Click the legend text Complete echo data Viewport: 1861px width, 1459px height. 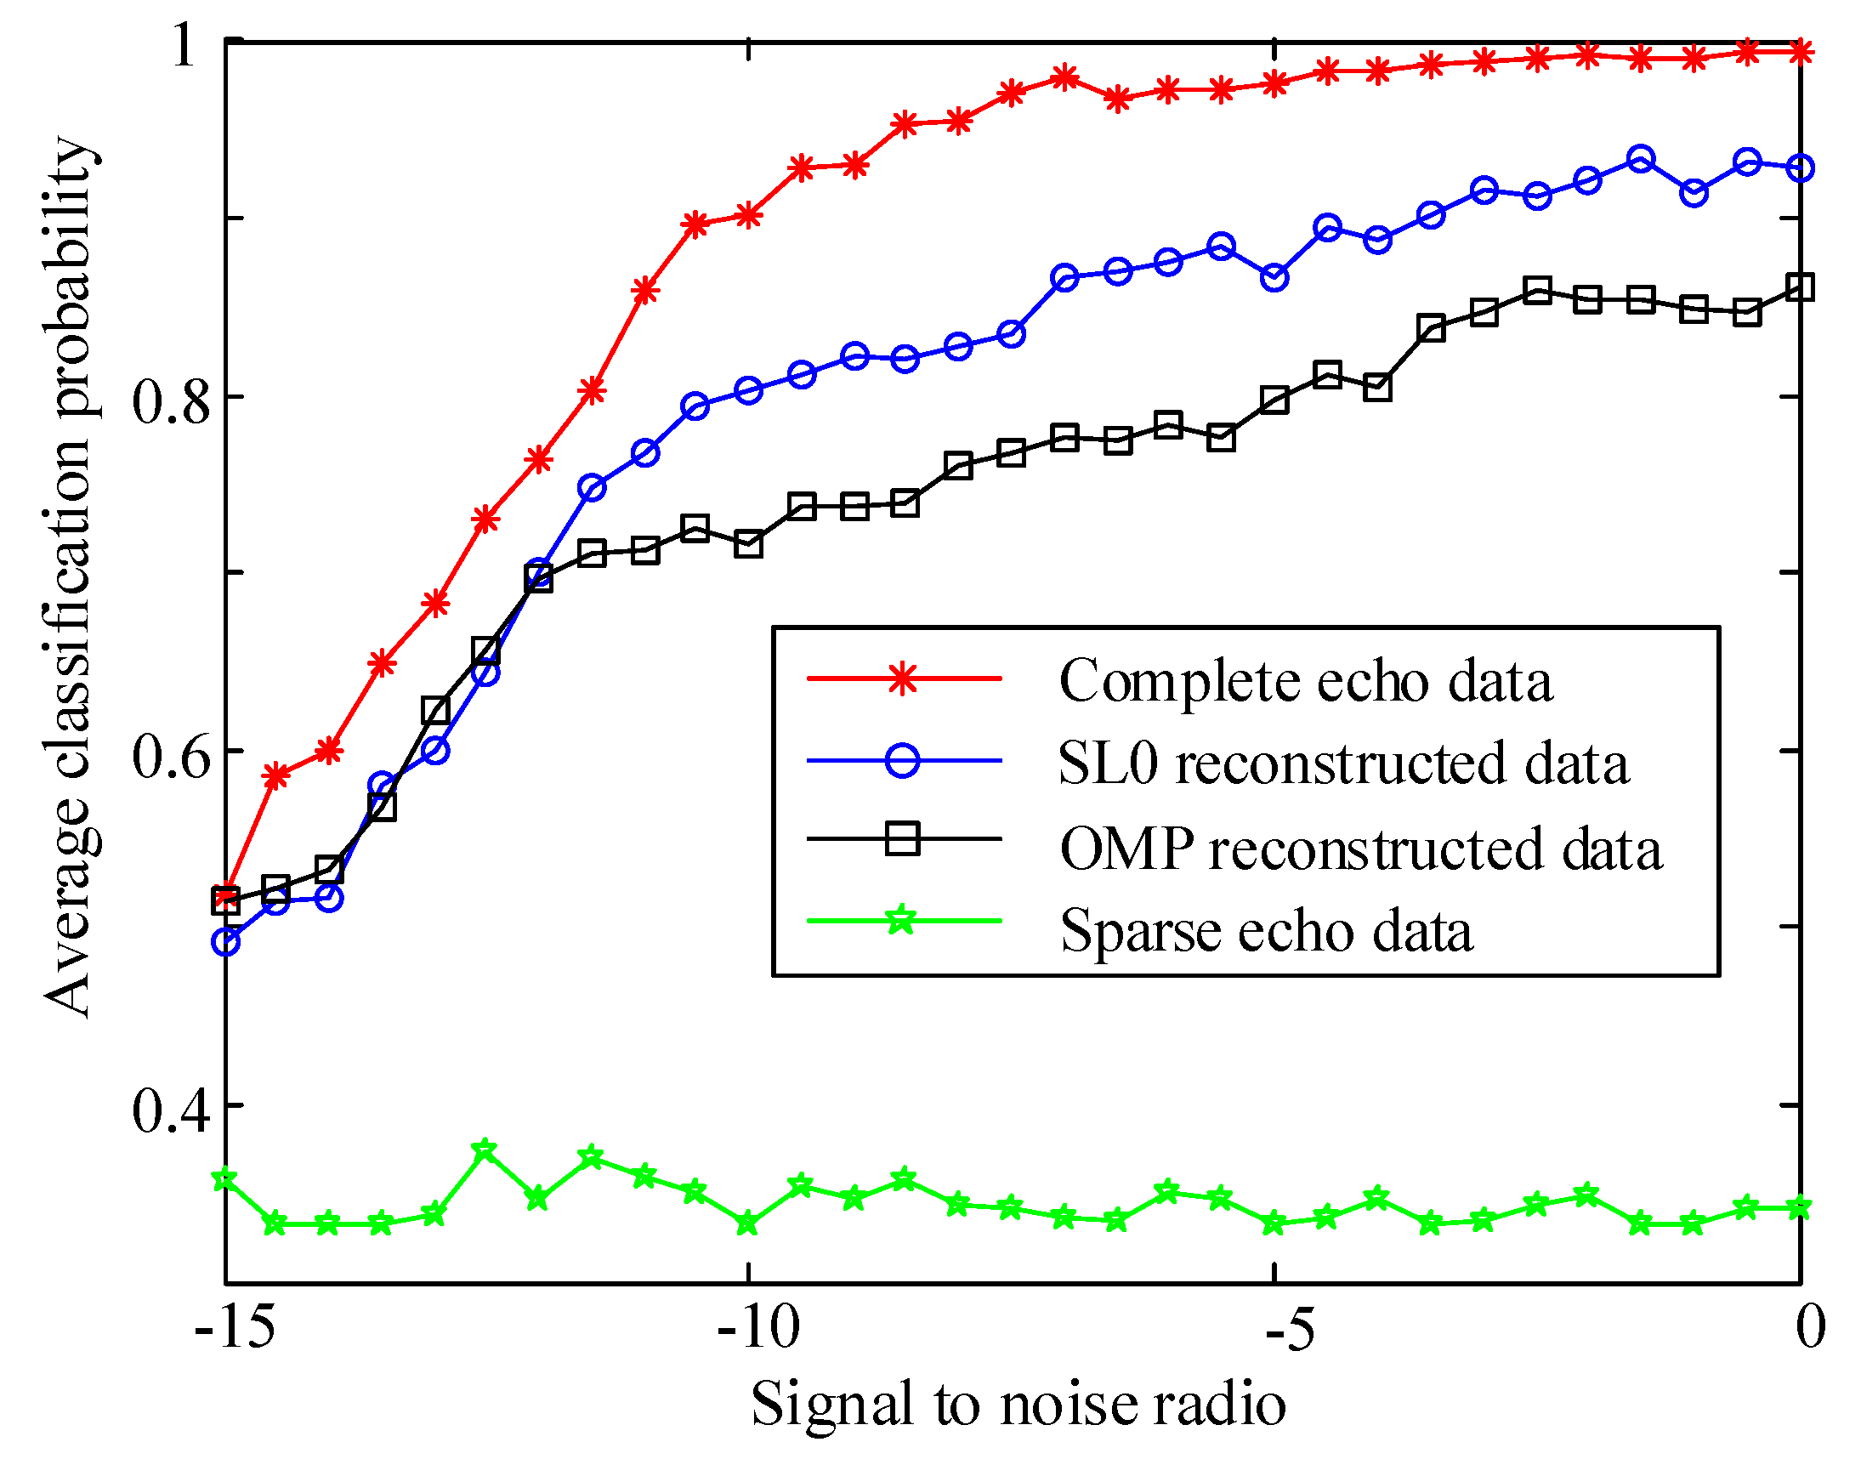pos(1305,682)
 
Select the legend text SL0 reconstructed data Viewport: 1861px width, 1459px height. pos(1342,763)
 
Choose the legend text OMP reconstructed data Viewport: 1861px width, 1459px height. pos(1361,850)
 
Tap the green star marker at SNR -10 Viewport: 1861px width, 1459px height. pos(748,1223)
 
